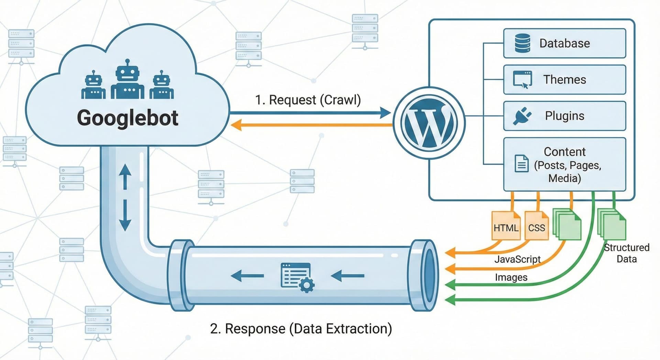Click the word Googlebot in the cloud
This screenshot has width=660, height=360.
(128, 118)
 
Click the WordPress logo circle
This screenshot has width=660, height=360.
(429, 123)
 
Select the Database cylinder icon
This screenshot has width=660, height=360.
(522, 43)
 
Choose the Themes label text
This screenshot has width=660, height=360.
(564, 80)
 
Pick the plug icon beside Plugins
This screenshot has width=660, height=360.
(522, 116)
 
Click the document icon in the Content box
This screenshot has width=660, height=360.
(521, 163)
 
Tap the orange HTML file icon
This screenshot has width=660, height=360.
(506, 226)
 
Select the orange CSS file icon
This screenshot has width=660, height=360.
(537, 226)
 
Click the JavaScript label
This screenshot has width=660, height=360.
(517, 259)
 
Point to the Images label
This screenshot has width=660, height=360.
(511, 277)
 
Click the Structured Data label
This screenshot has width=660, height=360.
(627, 253)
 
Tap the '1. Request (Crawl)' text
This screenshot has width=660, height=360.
(308, 100)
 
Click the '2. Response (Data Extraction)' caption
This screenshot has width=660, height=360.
(301, 329)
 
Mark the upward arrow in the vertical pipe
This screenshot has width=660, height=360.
(125, 176)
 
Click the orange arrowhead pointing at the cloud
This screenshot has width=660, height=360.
(236, 125)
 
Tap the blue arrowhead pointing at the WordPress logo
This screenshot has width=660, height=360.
(385, 112)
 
